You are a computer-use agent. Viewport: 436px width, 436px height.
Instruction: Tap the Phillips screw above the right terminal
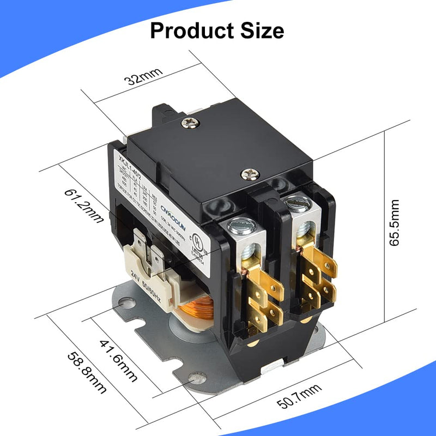(249, 174)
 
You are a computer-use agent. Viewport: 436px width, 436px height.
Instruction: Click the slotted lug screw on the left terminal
(240, 224)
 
